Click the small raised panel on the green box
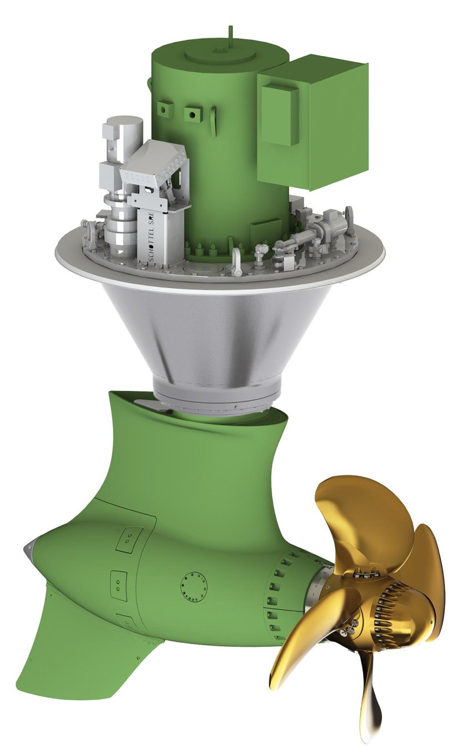[x=281, y=114]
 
